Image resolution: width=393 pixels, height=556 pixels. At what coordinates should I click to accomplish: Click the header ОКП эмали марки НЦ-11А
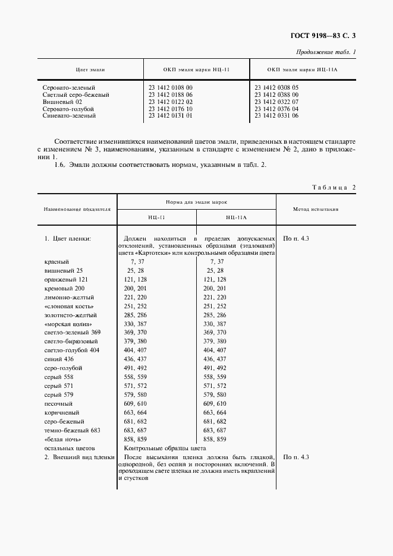302,69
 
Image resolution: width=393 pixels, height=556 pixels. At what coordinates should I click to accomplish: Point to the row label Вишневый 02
64,102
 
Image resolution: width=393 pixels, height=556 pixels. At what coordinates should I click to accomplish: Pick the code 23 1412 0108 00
171,87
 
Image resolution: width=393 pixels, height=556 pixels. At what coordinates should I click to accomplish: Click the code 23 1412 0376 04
276,109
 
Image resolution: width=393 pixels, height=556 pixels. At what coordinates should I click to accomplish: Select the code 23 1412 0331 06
276,116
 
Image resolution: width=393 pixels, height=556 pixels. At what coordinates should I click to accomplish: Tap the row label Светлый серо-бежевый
76,94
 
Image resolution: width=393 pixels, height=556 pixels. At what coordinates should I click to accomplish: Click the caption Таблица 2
334,187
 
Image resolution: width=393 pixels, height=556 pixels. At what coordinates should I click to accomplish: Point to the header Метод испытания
316,209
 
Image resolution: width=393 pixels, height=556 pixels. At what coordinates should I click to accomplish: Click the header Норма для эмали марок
196,203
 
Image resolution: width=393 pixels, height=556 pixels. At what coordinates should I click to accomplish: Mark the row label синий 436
59,359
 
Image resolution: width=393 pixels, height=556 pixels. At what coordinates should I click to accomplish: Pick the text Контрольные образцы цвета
164,448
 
